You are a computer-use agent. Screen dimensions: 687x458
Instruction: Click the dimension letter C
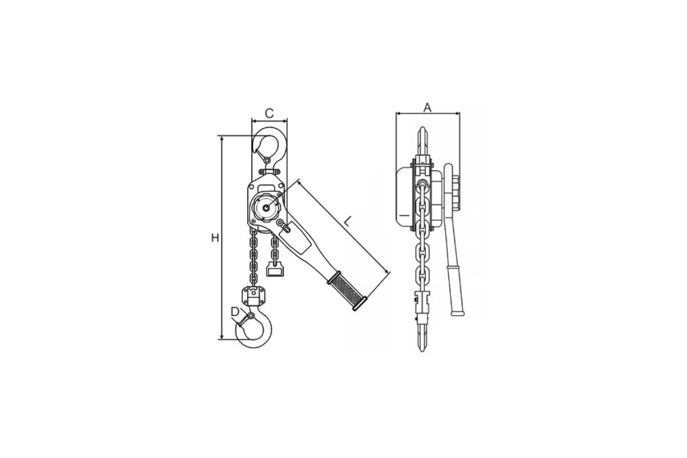coord(269,113)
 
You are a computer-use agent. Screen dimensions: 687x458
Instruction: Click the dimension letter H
coord(215,238)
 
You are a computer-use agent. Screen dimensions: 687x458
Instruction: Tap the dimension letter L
coord(346,222)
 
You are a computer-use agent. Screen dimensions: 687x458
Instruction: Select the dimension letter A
coord(427,108)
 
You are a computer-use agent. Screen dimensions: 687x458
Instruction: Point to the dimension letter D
coord(235,311)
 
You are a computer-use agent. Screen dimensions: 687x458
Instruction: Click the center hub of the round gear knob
coord(266,208)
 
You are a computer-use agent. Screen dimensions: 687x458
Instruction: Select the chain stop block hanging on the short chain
coord(275,269)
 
